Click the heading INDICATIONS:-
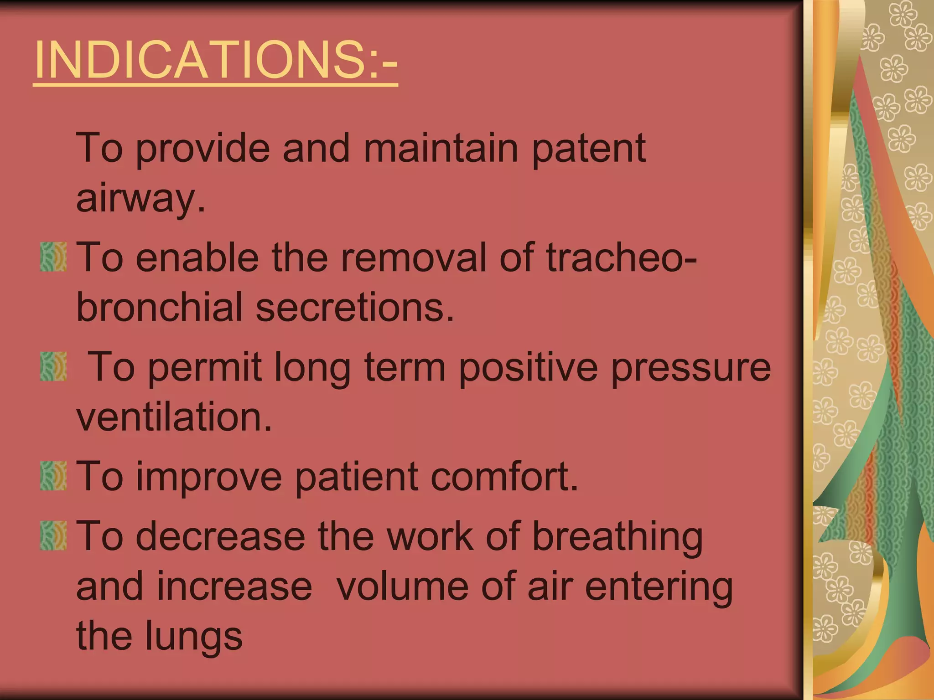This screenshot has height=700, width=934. coord(215,60)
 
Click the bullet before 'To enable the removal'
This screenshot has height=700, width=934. coord(53,257)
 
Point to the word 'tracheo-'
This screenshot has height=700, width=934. coord(621,257)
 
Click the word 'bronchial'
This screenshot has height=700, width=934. coord(159,307)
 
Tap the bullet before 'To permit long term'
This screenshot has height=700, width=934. coord(53,366)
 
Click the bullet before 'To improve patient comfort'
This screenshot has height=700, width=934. coord(53,476)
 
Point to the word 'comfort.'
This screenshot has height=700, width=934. coord(504,477)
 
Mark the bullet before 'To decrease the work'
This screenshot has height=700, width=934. coord(53,536)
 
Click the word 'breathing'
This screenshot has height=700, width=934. coord(617,537)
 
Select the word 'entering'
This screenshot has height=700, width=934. coord(659,587)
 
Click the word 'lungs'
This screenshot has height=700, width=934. coord(194,637)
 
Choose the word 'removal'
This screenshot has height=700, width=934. coord(414,257)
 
